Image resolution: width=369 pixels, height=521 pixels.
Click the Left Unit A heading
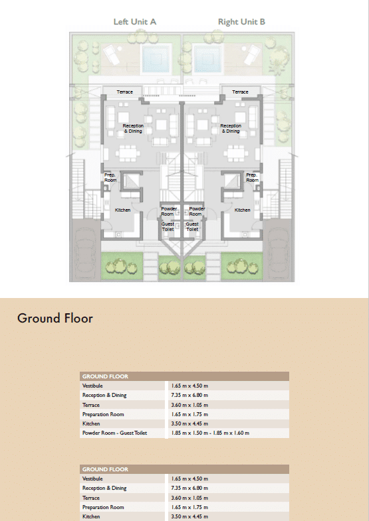click(135, 22)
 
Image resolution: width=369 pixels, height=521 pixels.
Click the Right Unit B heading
click(241, 22)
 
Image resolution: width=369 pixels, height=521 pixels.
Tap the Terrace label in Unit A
click(125, 92)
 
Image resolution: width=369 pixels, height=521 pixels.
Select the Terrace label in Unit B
click(240, 92)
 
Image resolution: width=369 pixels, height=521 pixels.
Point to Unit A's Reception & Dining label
click(133, 129)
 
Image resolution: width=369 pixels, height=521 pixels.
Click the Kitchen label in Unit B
click(242, 210)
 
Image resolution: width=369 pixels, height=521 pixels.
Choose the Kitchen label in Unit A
click(122, 210)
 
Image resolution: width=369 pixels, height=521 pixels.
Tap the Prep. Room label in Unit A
click(110, 177)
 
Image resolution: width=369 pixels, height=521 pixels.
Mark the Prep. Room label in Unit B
click(252, 177)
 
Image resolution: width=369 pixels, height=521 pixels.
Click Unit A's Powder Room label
click(169, 211)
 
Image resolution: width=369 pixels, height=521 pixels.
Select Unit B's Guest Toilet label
click(192, 226)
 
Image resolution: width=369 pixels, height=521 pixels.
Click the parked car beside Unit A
click(84, 251)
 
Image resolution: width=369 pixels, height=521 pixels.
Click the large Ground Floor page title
click(55, 319)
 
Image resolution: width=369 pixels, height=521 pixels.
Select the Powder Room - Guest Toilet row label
click(114, 433)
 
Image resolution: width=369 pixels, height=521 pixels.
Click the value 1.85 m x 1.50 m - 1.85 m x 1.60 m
click(210, 433)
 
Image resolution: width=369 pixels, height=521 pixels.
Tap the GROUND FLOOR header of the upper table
click(105, 376)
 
